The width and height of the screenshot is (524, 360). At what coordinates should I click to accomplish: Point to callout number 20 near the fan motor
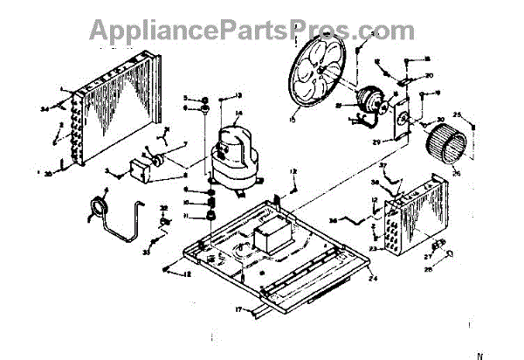(430, 76)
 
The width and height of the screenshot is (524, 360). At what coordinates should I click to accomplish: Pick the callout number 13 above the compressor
(237, 94)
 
